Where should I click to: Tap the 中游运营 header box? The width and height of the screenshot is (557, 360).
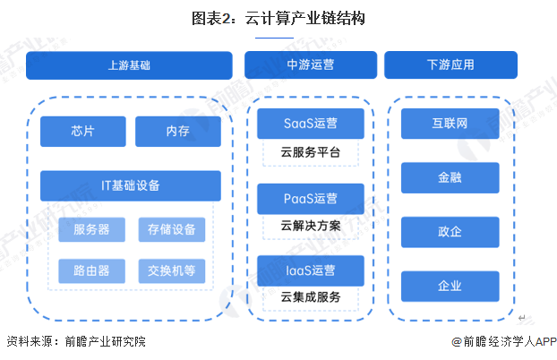pyautogui.click(x=310, y=65)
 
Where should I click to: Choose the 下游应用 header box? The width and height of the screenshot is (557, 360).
pyautogui.click(x=450, y=65)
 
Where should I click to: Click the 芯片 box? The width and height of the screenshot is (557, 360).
pyautogui.click(x=82, y=132)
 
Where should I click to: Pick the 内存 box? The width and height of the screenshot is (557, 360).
pyautogui.click(x=177, y=132)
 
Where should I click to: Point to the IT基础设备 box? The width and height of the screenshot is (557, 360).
pyautogui.click(x=130, y=185)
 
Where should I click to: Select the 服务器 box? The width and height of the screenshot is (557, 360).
pyautogui.click(x=91, y=229)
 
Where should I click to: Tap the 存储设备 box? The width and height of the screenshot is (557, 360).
pyautogui.click(x=171, y=229)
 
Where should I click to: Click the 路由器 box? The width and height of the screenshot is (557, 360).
pyautogui.click(x=91, y=270)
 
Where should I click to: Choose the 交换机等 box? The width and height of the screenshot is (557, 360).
pyautogui.click(x=171, y=270)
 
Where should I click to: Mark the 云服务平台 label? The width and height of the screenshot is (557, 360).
pyautogui.click(x=310, y=152)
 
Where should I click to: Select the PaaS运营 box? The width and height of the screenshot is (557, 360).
pyautogui.click(x=310, y=198)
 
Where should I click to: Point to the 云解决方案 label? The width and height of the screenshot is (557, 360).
pyautogui.click(x=310, y=225)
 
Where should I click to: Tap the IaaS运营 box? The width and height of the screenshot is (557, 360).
pyautogui.click(x=310, y=270)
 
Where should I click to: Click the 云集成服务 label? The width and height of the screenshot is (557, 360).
pyautogui.click(x=310, y=296)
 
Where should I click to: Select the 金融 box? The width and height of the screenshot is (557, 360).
pyautogui.click(x=450, y=177)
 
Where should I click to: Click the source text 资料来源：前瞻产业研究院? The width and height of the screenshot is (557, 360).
pyautogui.click(x=75, y=341)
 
